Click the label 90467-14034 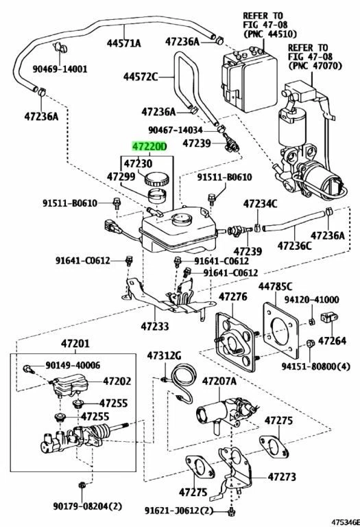point(176,130)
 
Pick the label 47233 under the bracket point(155,327)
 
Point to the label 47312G point(164,355)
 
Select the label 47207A point(219,381)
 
